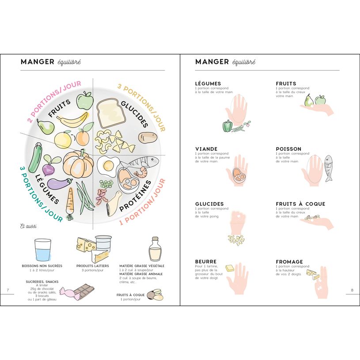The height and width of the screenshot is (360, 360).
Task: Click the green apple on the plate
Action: point(84,100)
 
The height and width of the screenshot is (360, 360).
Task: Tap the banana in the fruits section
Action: point(72,119)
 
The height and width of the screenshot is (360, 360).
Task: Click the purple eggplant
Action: point(59,183)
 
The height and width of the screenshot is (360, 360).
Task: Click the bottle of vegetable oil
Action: point(155,249)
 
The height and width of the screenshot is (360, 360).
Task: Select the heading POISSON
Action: point(288,149)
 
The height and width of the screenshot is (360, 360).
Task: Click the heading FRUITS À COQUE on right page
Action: point(300,204)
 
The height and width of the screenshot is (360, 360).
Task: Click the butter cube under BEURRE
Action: point(229,268)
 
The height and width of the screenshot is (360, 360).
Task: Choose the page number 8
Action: point(352,290)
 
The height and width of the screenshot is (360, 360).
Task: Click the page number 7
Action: point(8,290)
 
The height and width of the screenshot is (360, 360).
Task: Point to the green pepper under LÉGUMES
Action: point(227,126)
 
